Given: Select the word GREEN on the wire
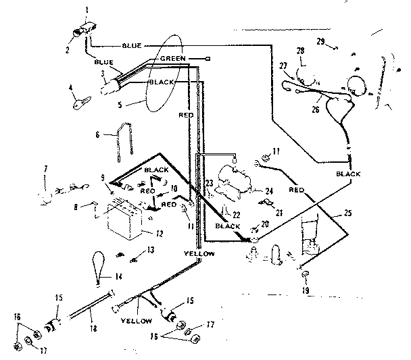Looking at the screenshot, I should (x=175, y=59).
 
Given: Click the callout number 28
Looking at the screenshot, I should (x=300, y=51).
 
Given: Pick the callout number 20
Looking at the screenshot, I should (x=264, y=225).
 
